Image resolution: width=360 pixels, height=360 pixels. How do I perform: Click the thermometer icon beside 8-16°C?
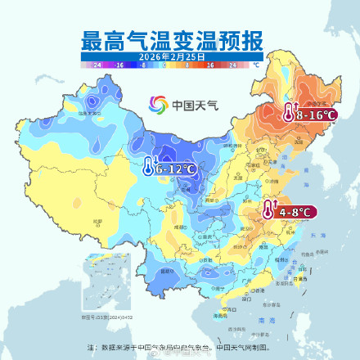pyautogui.click(x=289, y=114)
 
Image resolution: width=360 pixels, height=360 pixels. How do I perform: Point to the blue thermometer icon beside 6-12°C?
pyautogui.click(x=147, y=168)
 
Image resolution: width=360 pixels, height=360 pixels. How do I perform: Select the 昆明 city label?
pyautogui.click(x=169, y=270)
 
